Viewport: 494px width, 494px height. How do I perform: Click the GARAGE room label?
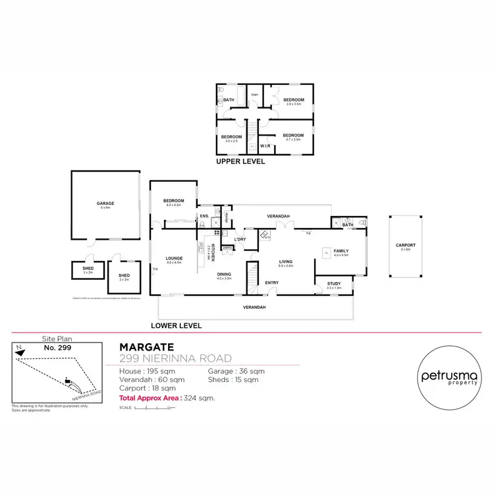coord(105,204)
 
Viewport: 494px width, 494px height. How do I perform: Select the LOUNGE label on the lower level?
coord(174,258)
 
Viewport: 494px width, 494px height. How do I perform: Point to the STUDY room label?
coord(335,284)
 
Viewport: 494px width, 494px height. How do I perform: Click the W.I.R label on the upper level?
coord(266,146)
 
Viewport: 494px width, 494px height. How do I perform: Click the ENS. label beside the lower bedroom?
coord(204,216)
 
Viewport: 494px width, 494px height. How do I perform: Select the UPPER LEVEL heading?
coord(240,161)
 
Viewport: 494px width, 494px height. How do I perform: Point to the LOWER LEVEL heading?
coord(176,325)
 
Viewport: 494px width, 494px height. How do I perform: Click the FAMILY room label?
coord(341,251)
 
